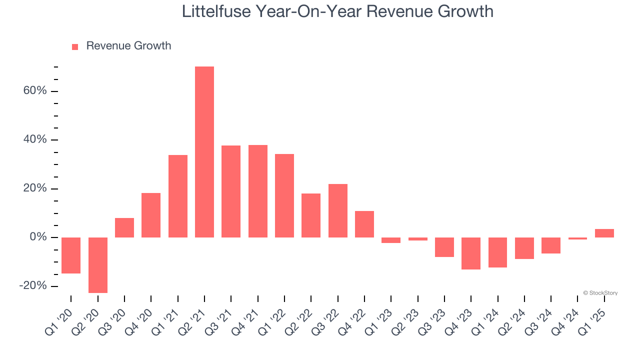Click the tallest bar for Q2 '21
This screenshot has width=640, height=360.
(x=204, y=152)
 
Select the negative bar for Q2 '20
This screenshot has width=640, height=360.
(x=97, y=265)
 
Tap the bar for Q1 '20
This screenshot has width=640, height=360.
(x=71, y=255)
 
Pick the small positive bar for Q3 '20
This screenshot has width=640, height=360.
(x=124, y=227)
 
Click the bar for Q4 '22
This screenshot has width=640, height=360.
(x=364, y=224)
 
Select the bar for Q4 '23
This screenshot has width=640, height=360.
(x=471, y=253)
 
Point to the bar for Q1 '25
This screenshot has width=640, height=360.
(x=604, y=233)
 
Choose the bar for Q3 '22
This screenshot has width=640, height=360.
(x=338, y=210)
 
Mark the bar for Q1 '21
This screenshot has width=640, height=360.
(x=178, y=196)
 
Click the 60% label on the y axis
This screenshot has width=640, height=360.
(x=34, y=91)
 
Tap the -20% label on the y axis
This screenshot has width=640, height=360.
(x=33, y=285)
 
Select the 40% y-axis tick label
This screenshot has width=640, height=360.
(x=34, y=139)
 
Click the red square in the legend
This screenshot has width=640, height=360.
(x=75, y=47)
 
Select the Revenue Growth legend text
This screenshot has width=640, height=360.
(x=128, y=46)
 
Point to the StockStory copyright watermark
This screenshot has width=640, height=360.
(x=600, y=293)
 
